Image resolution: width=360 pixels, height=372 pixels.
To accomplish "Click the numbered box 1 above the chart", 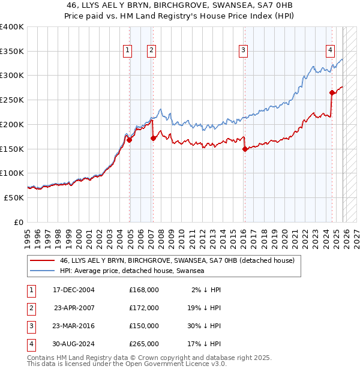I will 128,51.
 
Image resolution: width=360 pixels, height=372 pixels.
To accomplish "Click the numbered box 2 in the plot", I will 151,51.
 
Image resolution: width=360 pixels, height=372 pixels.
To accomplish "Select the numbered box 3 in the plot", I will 244,51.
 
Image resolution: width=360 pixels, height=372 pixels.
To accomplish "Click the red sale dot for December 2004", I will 130,140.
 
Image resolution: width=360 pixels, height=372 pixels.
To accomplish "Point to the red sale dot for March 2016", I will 245,149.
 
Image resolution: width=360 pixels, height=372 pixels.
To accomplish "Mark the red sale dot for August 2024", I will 332,92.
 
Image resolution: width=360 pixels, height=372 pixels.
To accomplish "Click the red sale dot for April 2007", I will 153,138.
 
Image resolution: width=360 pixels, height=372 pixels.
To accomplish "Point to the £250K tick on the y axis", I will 12,100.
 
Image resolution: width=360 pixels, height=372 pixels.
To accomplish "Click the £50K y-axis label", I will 14,197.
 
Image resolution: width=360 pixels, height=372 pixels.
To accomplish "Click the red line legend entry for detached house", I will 177,261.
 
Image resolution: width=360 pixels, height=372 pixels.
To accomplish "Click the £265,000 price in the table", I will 144,344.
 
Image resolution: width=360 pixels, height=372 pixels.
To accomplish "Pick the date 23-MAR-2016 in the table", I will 74,326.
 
